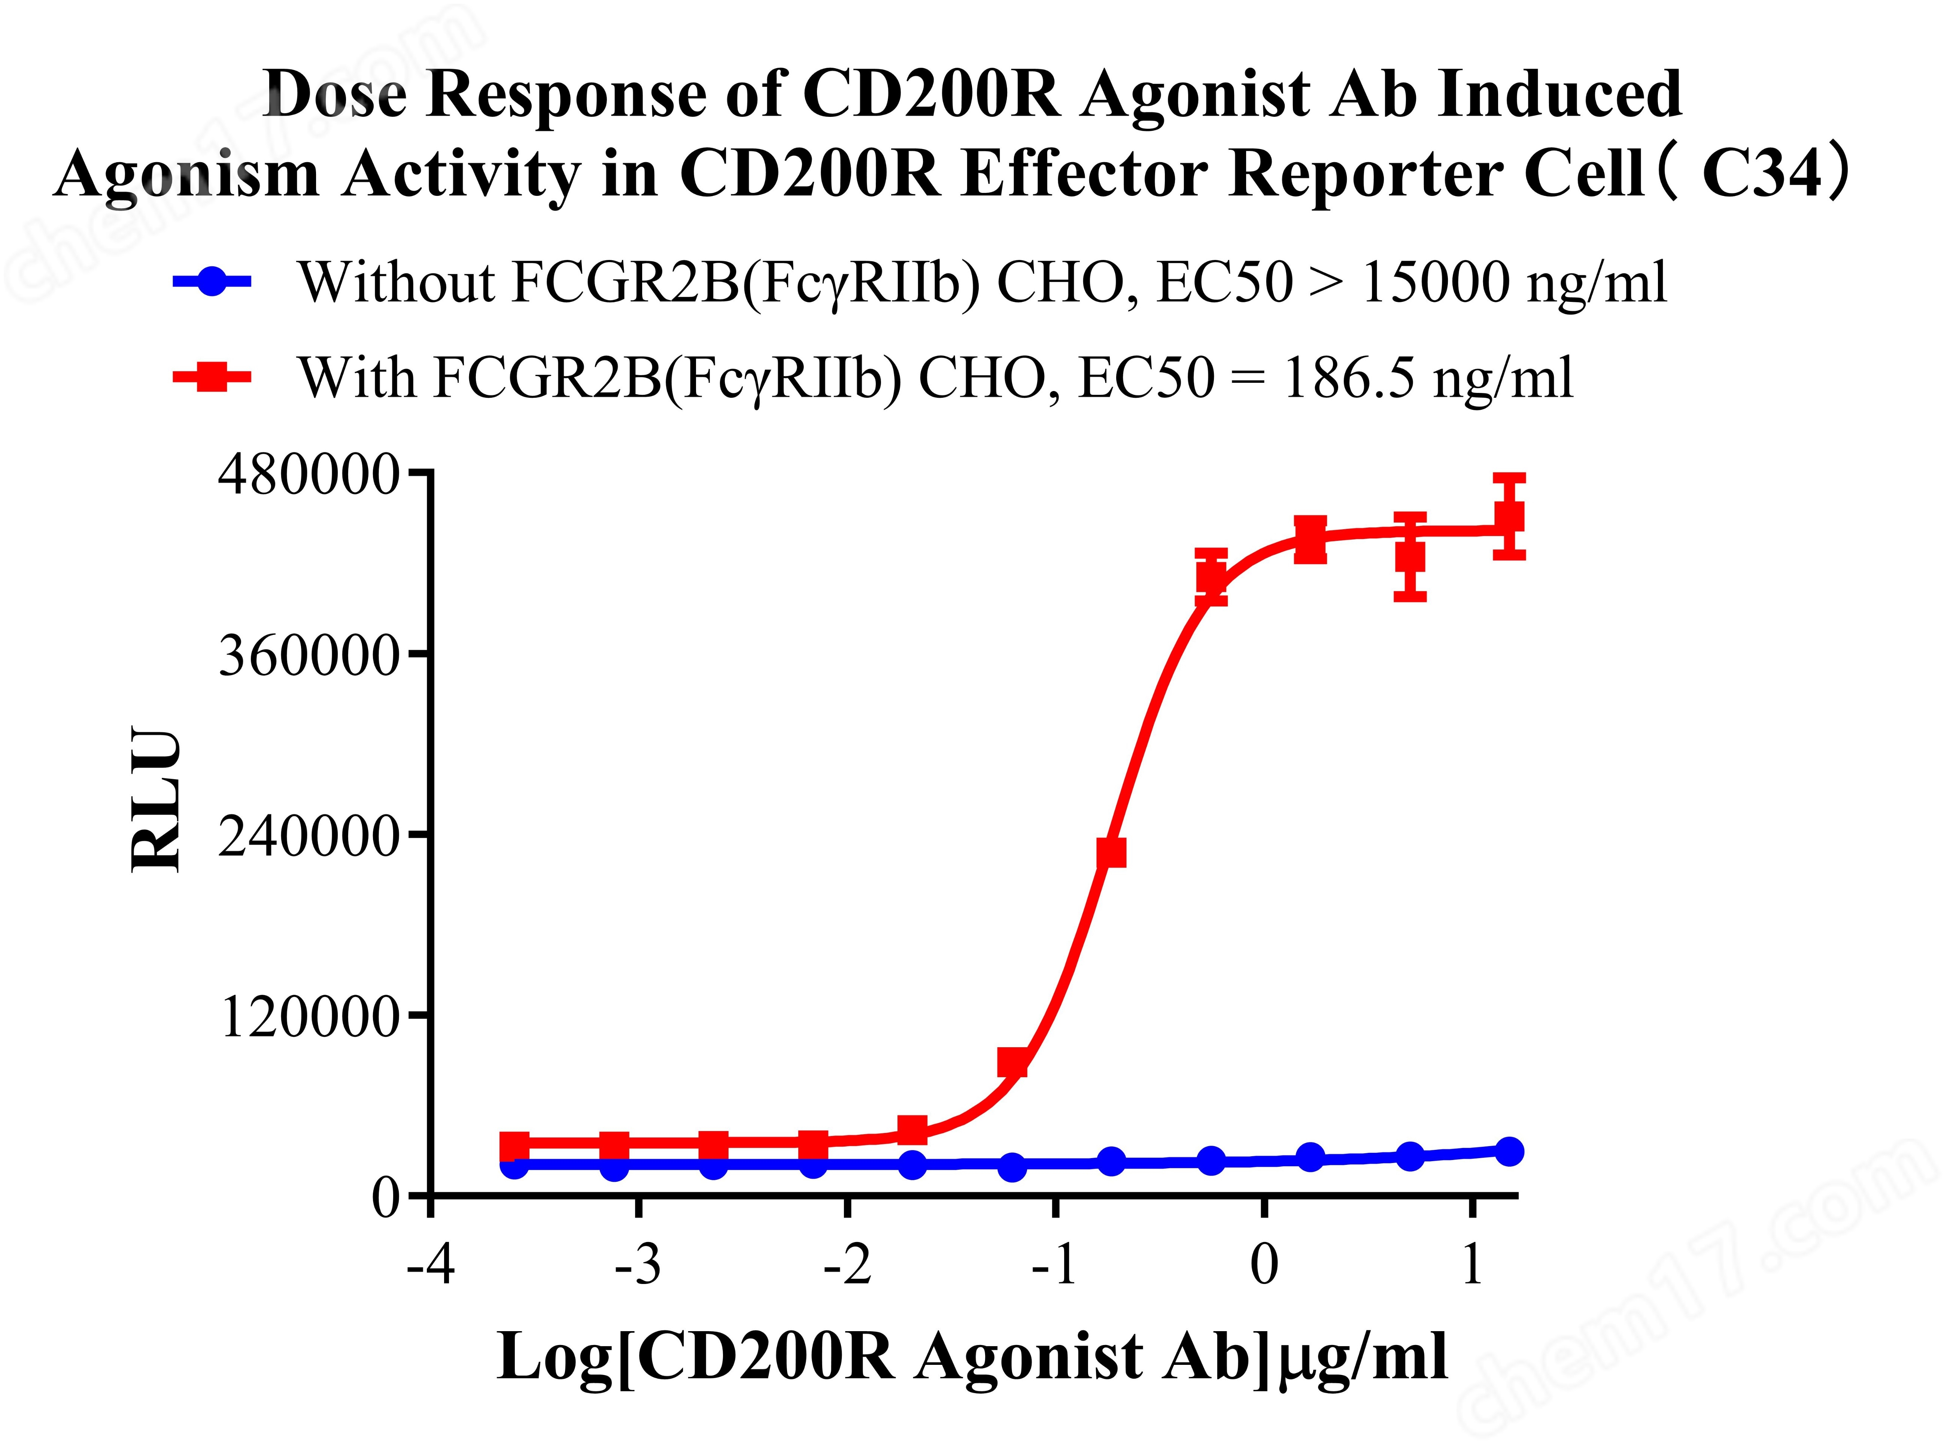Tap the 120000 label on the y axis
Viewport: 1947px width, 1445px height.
[310, 1017]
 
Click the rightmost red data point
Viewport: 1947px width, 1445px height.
[1509, 516]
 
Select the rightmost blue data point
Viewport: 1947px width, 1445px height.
[1509, 1151]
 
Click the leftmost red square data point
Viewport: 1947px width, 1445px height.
[515, 1145]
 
